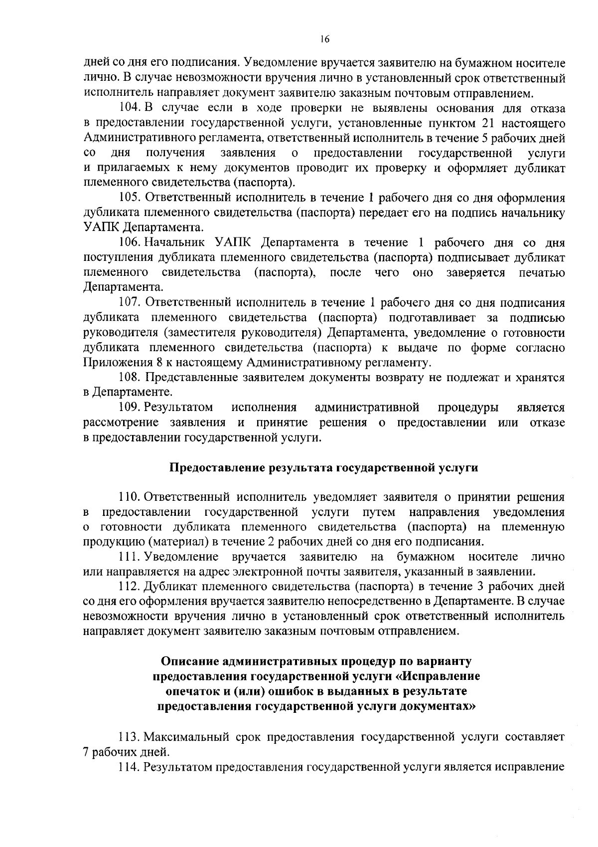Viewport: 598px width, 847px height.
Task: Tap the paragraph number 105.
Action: tap(130, 198)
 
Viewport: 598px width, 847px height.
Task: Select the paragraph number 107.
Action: tap(130, 303)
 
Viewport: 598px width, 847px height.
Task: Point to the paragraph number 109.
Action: tap(130, 408)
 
